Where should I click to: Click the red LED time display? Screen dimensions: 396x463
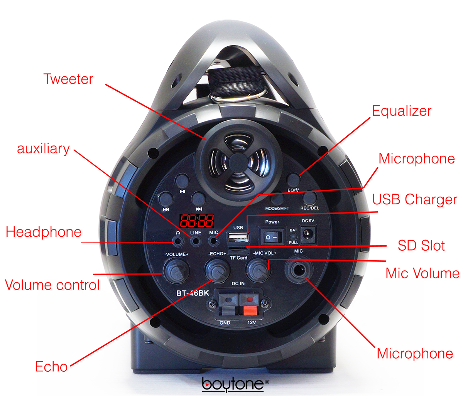tap(197, 221)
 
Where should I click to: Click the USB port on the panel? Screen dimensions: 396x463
tap(238, 237)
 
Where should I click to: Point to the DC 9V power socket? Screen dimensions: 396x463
tap(308, 234)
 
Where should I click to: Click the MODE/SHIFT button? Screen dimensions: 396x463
tap(277, 199)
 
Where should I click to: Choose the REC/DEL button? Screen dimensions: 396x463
tap(309, 198)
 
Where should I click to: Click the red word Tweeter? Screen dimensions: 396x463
tap(68, 79)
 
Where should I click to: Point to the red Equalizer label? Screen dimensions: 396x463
tap(401, 111)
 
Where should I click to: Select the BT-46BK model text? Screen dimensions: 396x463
tap(193, 293)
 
